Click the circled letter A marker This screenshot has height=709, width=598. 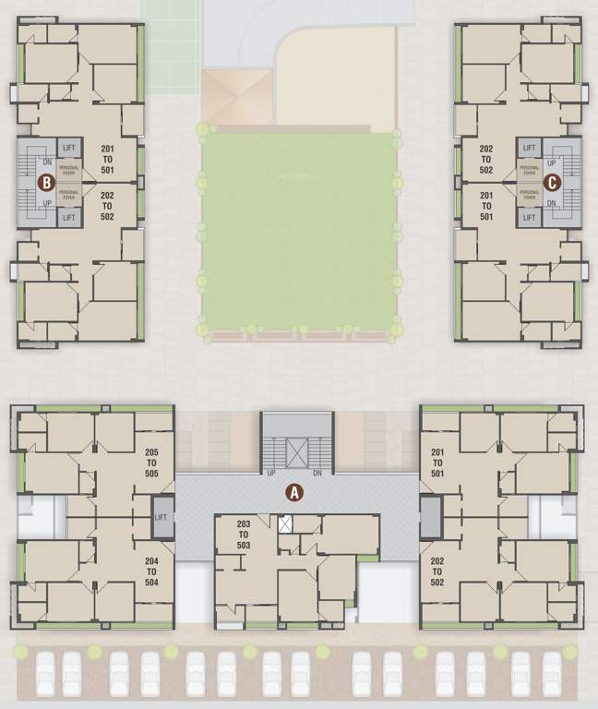294,492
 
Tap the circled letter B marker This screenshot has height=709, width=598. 44,182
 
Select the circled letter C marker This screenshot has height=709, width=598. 552,182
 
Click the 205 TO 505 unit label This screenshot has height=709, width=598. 152,463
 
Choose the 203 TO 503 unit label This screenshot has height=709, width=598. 244,535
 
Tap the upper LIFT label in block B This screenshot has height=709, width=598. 69,148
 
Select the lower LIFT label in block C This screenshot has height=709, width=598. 529,217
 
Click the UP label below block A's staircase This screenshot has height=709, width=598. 271,473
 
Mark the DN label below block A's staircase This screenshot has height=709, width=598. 317,473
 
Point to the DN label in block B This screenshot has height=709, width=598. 46,162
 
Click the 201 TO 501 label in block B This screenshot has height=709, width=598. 107,159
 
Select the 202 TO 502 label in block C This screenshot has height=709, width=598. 486,159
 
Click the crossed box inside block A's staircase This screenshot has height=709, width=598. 296,451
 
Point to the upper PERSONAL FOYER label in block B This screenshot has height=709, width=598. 69,169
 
